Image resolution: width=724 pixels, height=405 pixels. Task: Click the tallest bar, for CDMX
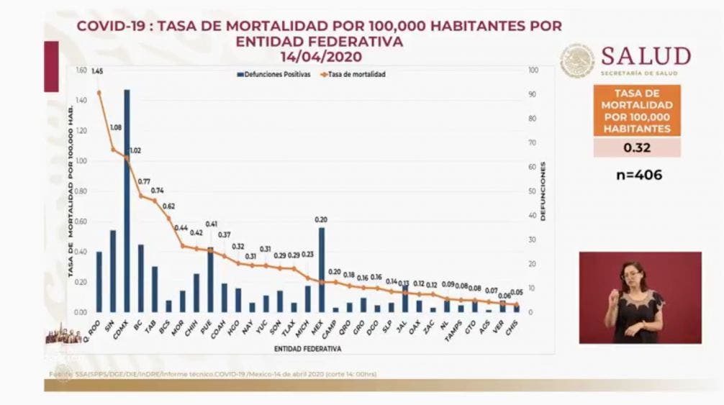(127, 201)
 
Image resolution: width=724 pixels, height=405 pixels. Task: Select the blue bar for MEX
(321, 270)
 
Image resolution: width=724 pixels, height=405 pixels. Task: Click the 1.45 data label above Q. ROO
(97, 71)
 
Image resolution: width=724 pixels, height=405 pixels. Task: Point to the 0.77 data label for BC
(144, 182)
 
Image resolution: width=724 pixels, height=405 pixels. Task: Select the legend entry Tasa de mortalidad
(353, 75)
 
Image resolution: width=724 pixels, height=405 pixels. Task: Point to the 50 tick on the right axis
(532, 191)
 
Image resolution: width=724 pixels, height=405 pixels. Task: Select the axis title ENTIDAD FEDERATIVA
(307, 348)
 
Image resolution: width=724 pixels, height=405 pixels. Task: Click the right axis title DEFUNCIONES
(543, 191)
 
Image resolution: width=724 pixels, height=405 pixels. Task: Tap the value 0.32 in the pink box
(636, 147)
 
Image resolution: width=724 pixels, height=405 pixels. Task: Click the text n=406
(636, 175)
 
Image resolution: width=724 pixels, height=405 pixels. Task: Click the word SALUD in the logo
(646, 56)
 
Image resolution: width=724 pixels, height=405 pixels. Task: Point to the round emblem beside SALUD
(578, 60)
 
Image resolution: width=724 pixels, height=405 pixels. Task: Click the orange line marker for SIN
(113, 150)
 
